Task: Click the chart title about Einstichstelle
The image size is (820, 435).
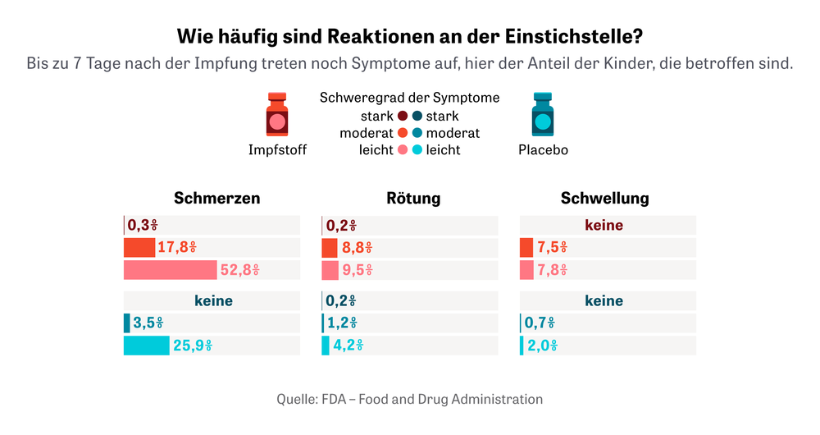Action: tap(409, 37)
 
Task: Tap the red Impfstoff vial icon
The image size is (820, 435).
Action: tap(277, 115)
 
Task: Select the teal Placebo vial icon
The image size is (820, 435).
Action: tap(543, 115)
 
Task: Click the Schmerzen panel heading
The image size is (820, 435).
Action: tap(217, 198)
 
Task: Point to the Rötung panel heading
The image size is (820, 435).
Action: tap(413, 198)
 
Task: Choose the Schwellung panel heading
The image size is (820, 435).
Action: tap(604, 198)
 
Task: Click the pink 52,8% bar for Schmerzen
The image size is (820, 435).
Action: tap(170, 270)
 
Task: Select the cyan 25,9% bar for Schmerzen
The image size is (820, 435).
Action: tap(146, 346)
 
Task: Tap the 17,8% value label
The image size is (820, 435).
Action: tap(176, 248)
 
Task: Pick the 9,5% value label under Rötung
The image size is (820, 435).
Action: tap(358, 270)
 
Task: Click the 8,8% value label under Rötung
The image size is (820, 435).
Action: tap(358, 248)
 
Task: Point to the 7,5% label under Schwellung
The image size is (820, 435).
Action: tap(552, 248)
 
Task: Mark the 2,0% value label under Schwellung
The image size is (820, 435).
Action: tap(542, 346)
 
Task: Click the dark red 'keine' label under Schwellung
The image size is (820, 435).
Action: tap(604, 225)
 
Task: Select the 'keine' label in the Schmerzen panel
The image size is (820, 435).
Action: tap(213, 301)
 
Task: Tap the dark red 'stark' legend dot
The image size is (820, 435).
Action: tap(403, 117)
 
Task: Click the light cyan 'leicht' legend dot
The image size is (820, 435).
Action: tap(417, 149)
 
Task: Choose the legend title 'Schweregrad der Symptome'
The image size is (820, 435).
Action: tap(409, 98)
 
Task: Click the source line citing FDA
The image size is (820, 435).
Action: tap(409, 400)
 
